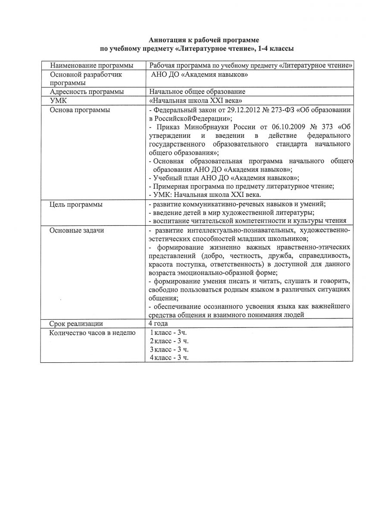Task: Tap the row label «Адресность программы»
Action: point(87,92)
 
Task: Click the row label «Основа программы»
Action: point(80,110)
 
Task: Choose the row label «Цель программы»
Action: point(76,205)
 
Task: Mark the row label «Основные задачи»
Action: point(77,230)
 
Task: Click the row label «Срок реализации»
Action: point(76,324)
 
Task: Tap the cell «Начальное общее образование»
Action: point(197,92)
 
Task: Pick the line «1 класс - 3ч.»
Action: point(168,333)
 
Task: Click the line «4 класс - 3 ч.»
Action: point(169,358)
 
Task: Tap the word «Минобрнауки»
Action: point(208,127)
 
